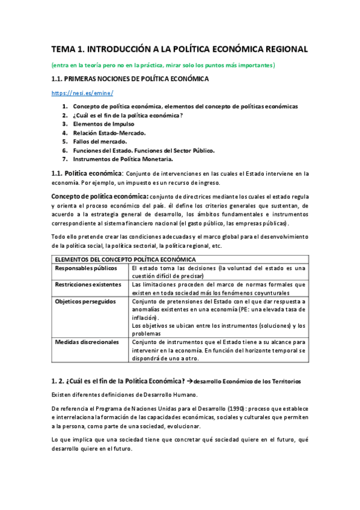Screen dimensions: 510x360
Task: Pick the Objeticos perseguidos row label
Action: (x=85, y=301)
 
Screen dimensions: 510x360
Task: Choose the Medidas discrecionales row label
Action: (x=87, y=342)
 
